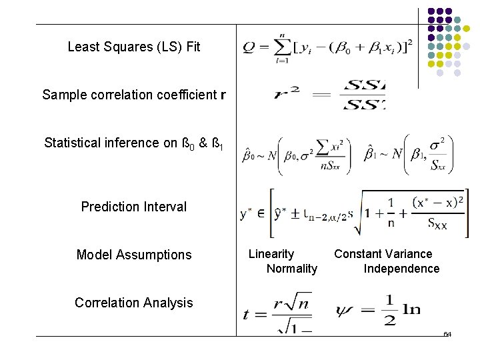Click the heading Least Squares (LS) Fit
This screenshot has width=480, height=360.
tap(133, 47)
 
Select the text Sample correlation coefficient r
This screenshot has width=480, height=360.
tap(133, 95)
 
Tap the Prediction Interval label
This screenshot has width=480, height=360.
tap(133, 207)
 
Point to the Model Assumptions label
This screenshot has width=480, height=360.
tap(133, 255)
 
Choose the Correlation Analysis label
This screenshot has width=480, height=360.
tap(133, 303)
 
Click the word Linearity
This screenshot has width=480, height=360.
tap(271, 254)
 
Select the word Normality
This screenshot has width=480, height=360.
tap(291, 269)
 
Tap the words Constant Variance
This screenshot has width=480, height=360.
tap(383, 254)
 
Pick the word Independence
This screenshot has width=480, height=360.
tap(401, 269)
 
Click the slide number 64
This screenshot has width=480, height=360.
tap(447, 333)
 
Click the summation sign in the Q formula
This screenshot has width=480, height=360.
tap(283, 47)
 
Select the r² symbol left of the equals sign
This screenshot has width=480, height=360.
tap(285, 94)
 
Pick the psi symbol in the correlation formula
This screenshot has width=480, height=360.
tap(348, 310)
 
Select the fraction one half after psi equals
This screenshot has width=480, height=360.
tap(390, 311)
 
